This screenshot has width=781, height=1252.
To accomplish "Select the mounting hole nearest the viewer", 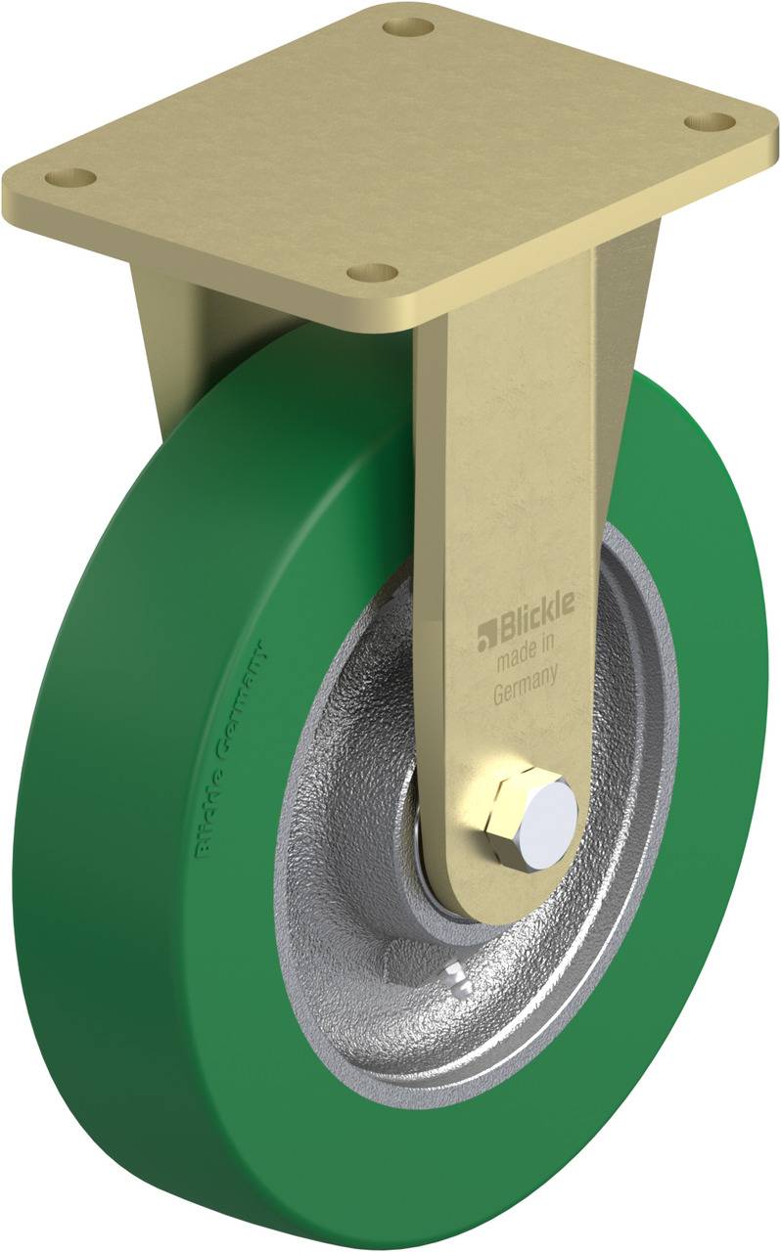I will pos(373,271).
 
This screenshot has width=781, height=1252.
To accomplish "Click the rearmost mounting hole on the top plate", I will pos(408,25).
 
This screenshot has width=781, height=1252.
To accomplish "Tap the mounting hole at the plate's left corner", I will pos(70,178).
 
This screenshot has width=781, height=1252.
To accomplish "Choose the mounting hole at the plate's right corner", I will pos(709,121).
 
